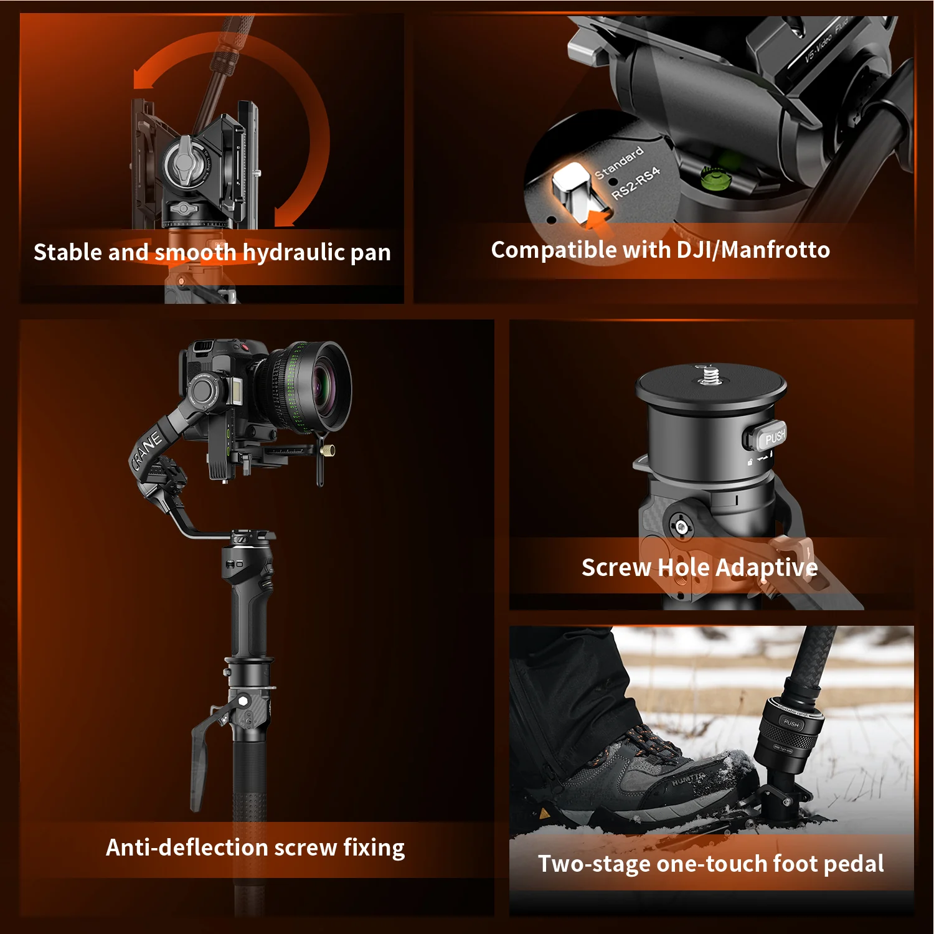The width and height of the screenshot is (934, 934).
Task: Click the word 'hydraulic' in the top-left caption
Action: pos(293,252)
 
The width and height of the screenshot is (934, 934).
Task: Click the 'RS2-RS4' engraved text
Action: pos(635,183)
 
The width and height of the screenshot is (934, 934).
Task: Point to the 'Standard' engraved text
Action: pos(618,163)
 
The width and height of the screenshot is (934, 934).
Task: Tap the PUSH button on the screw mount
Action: pos(773,436)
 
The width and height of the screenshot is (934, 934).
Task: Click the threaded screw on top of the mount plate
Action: pos(710,375)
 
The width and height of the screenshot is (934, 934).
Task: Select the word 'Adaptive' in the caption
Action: pos(767,567)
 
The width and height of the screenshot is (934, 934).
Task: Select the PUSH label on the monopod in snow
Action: pos(791,723)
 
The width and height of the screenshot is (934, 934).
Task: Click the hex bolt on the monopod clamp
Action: pos(243,701)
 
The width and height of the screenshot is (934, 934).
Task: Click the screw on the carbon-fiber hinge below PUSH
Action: pos(682,527)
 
